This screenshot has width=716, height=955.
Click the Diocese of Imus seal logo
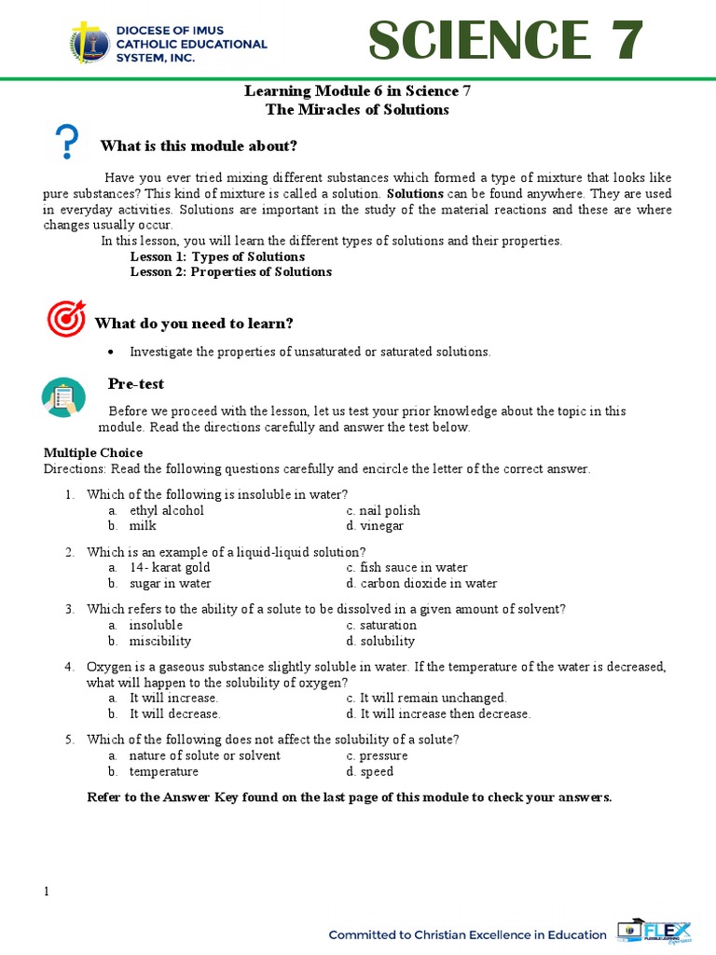[x=90, y=44]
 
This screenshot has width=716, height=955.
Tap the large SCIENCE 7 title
[x=504, y=41]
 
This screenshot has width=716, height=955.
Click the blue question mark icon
[x=67, y=144]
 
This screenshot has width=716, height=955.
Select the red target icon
[x=65, y=319]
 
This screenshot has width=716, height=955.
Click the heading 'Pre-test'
[x=136, y=384]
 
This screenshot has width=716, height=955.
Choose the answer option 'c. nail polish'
[x=382, y=510]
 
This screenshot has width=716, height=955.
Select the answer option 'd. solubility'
[x=380, y=641]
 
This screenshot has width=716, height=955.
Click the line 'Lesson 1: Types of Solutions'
[x=217, y=256]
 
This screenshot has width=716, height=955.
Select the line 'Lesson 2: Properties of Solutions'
[x=230, y=272]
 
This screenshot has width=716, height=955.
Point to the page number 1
[x=47, y=892]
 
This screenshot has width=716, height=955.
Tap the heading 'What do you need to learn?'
[x=194, y=323]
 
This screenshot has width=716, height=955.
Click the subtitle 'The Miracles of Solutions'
[x=358, y=110]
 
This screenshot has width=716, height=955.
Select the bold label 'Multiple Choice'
[x=93, y=452]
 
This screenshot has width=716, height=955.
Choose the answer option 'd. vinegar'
[x=375, y=526]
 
